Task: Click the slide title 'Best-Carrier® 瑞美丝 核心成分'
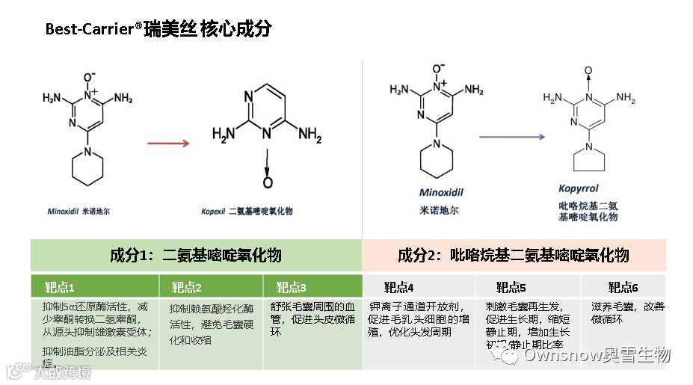pyautogui.click(x=158, y=30)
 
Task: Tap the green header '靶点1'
pyautogui.click(x=61, y=287)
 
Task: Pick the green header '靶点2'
pyautogui.click(x=187, y=287)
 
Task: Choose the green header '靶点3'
pyautogui.click(x=292, y=287)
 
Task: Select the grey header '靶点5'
pyautogui.click(x=511, y=287)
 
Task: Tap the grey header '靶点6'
pyautogui.click(x=623, y=287)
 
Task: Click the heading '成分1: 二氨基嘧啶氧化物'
pyautogui.click(x=196, y=256)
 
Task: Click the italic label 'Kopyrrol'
pyautogui.click(x=579, y=189)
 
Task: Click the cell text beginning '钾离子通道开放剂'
pyautogui.click(x=419, y=318)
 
